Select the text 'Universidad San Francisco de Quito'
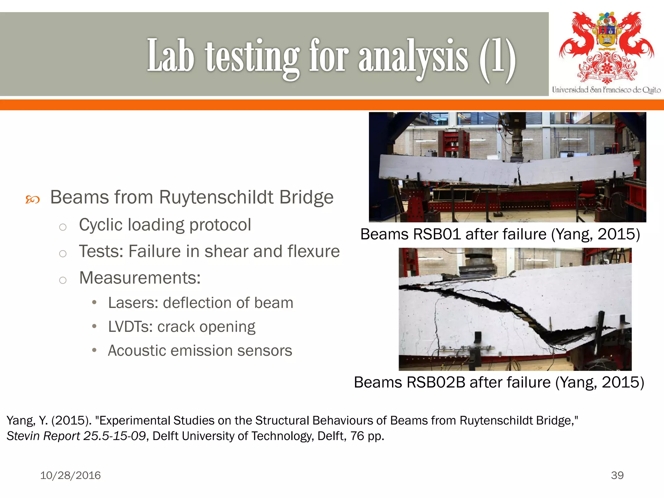click(606, 90)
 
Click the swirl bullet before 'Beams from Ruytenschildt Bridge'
click(32, 199)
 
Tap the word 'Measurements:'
click(140, 278)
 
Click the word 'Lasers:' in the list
click(133, 303)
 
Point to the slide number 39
click(617, 475)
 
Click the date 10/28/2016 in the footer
click(70, 475)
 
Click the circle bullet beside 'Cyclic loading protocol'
click(63, 227)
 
